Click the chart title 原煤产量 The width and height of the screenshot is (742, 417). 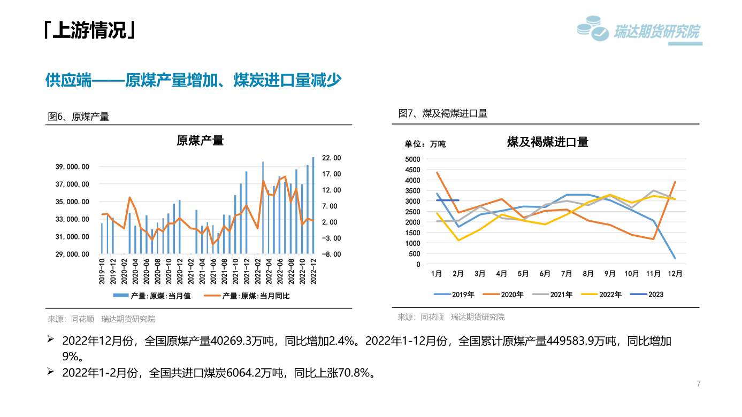pos(200,141)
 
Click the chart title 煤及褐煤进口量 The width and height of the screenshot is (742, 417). pos(547,142)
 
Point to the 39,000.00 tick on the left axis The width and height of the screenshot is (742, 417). pos(72,167)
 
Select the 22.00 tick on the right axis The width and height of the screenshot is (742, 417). pos(332,158)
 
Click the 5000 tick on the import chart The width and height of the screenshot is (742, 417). pos(412,159)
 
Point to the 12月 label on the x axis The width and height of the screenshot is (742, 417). pos(675,274)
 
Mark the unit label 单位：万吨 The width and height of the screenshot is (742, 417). pos(425,144)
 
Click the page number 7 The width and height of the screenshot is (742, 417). pos(698,383)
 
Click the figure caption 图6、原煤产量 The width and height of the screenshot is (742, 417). pos(79,117)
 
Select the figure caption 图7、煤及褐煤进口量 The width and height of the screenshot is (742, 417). pos(443,113)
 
